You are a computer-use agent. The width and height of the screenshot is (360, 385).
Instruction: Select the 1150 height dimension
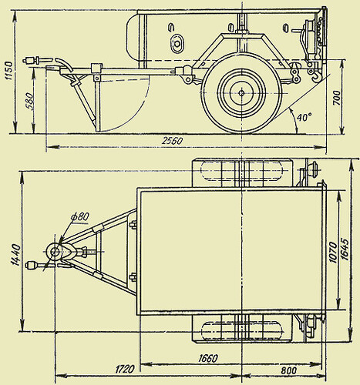[x=8, y=73]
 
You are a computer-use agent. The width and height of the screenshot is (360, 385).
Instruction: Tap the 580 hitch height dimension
[x=29, y=102]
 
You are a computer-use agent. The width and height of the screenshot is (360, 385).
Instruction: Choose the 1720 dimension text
[x=125, y=370]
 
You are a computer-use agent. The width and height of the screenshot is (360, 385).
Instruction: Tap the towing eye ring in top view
[x=54, y=251]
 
